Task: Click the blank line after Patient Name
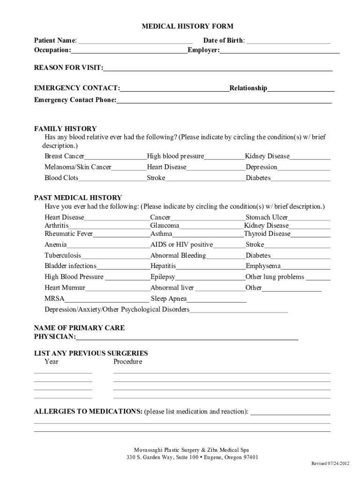click(136, 41)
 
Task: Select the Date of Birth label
click(223, 41)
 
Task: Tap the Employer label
click(203, 50)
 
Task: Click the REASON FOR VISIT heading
click(68, 68)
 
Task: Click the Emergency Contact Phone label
click(75, 100)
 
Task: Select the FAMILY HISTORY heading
click(65, 129)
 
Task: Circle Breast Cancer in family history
click(65, 156)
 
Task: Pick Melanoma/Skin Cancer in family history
click(78, 167)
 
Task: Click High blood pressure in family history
click(175, 156)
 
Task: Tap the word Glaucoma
click(165, 225)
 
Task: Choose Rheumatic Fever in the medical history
click(69, 233)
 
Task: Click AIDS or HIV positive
click(181, 245)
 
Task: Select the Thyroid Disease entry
click(267, 233)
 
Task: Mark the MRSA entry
click(54, 298)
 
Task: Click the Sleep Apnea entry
click(169, 298)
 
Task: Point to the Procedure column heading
click(128, 362)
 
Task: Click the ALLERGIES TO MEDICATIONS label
click(88, 412)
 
